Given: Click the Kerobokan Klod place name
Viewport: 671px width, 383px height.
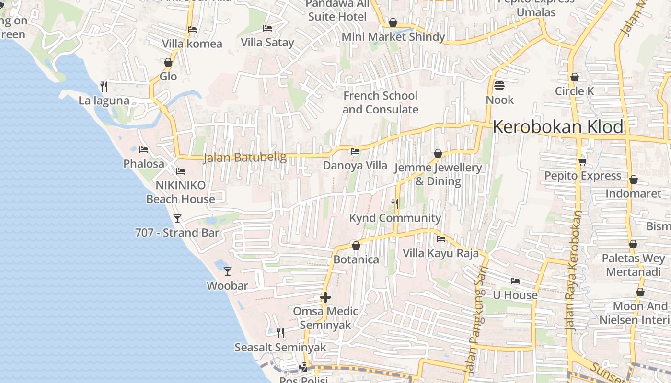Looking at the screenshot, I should tap(558, 127).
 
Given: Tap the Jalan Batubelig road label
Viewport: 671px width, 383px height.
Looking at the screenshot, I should tap(244, 157).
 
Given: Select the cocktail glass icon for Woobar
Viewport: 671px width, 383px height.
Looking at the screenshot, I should tap(228, 271).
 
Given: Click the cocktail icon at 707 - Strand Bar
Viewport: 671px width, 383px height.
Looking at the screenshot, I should tap(177, 219).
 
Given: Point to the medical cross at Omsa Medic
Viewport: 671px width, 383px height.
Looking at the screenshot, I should tap(325, 297).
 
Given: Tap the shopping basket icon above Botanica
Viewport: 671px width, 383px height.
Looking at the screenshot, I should tap(356, 246).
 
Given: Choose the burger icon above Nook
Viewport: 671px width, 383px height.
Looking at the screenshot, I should tap(499, 86).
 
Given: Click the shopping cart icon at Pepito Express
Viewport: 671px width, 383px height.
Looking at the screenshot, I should tap(583, 161).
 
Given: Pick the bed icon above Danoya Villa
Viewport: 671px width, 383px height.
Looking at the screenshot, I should tap(355, 151).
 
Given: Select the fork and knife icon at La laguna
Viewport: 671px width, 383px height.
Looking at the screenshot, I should tap(104, 86).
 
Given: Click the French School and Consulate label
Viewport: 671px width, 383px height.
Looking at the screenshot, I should tap(381, 102).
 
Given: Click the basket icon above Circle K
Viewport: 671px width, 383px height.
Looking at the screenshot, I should tap(574, 77).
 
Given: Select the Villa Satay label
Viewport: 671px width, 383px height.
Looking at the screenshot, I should tap(267, 43).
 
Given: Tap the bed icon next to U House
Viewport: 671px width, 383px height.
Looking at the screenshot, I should tap(515, 281).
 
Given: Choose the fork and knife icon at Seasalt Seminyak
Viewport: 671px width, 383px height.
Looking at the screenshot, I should tap(280, 333).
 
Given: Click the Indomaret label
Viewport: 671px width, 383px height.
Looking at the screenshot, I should tap(633, 194).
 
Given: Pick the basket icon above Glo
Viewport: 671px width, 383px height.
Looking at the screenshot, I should tap(168, 62).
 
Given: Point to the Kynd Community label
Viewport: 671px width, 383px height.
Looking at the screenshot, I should tap(395, 218).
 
